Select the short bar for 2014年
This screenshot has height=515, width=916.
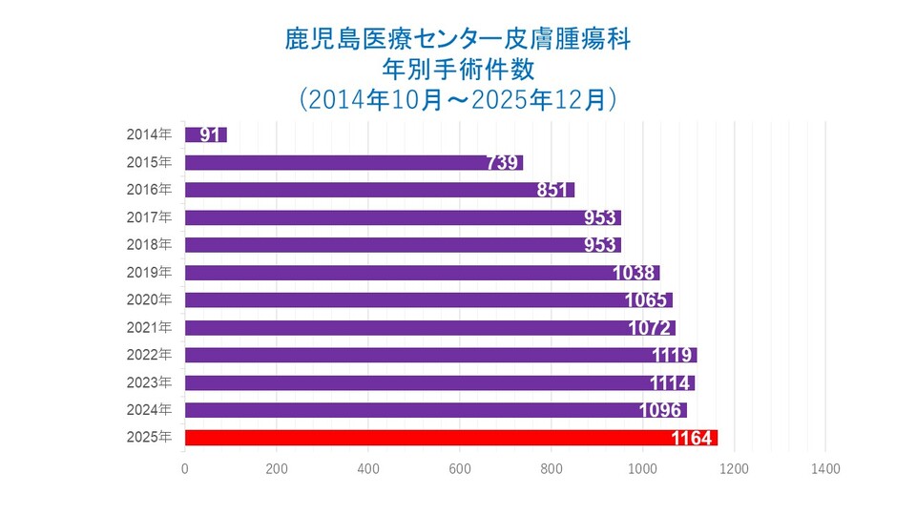click(205, 134)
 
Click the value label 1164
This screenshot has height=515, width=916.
click(693, 439)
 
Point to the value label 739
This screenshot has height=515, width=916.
click(502, 163)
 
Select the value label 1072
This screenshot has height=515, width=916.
click(653, 328)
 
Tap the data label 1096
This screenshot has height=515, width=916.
click(663, 411)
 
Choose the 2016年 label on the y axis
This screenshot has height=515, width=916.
click(150, 190)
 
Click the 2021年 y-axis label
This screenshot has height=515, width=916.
click(150, 327)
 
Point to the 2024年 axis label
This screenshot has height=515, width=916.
click(150, 410)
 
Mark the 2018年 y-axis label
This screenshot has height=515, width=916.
click(150, 244)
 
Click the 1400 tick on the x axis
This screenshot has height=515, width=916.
click(825, 468)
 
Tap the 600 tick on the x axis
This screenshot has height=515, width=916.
click(459, 468)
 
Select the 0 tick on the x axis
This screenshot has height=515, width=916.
click(184, 468)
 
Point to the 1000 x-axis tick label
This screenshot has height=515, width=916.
click(642, 468)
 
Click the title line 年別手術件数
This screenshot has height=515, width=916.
click(457, 69)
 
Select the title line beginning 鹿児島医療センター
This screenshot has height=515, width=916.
click(457, 39)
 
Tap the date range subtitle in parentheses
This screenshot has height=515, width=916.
click(457, 99)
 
